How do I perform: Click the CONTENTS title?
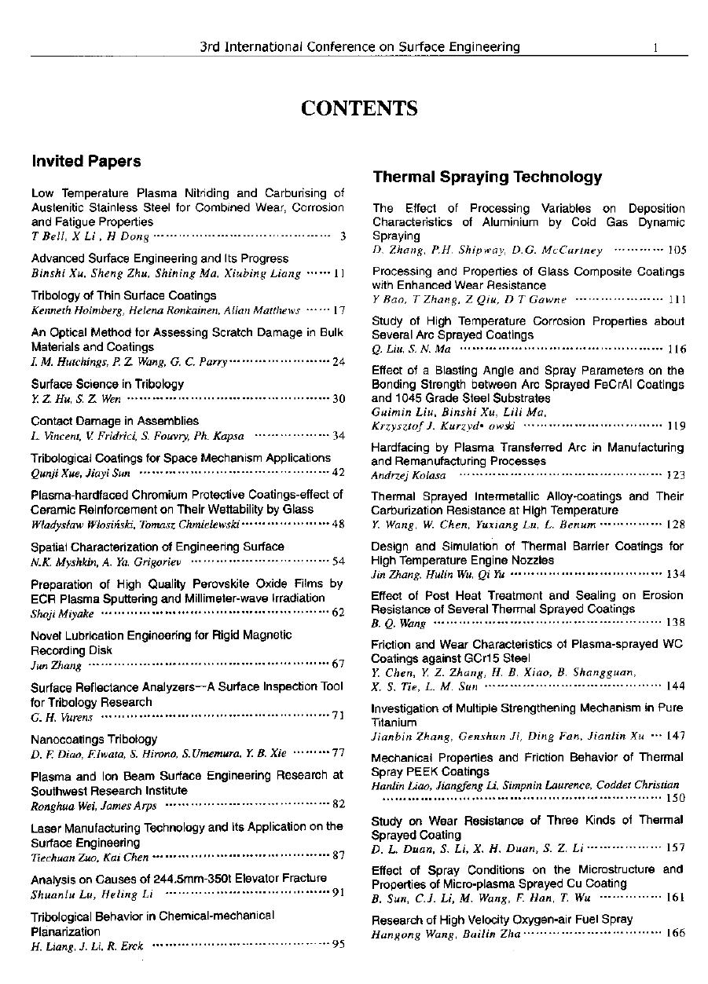pos(358,108)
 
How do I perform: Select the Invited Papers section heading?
pos(86,161)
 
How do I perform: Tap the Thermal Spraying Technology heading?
pos(487,177)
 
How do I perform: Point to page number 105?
pos(676,251)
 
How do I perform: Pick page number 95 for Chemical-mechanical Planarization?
pos(339,945)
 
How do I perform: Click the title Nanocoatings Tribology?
pos(94,739)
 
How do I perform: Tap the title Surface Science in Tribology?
pos(108,384)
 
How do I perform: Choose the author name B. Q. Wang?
pos(398,623)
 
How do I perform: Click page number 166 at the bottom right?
pos(675,934)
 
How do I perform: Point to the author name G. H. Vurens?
pos(61,716)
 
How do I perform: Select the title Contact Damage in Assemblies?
pos(115,421)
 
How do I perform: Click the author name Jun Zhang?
pos(56,665)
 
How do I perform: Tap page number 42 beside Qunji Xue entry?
pos(339,472)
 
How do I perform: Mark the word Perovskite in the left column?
pos(208,583)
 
